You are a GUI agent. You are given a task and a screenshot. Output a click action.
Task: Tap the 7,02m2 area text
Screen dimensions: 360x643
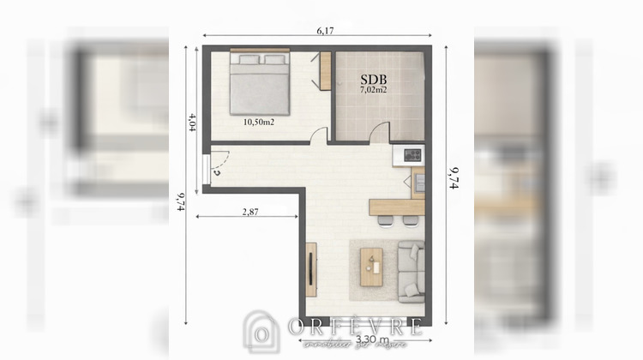tap(373, 88)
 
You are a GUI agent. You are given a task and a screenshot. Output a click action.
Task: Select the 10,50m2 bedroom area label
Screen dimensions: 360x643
tap(258, 122)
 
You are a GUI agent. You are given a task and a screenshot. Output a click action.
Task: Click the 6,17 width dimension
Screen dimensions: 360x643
tap(325, 30)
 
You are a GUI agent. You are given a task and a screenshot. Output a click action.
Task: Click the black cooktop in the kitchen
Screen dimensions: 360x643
tap(412, 155)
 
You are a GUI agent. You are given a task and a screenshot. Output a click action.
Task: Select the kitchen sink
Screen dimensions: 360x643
tap(419, 182)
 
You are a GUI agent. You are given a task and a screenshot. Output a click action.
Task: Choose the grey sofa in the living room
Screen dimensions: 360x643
tap(411, 270)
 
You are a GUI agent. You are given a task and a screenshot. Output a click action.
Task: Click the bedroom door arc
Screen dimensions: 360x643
tap(320, 135)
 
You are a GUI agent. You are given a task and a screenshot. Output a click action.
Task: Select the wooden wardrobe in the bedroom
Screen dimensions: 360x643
tap(325, 70)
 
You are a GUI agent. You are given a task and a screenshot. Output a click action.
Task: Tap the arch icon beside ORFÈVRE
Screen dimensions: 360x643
tap(261, 331)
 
